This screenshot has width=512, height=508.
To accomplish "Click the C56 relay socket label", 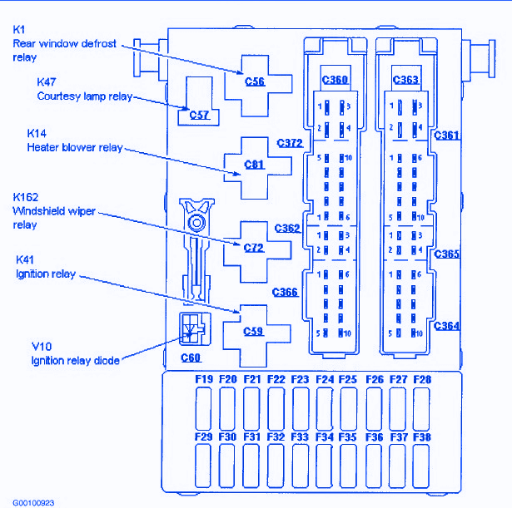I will coord(255,81).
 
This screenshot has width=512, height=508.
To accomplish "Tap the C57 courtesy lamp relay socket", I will coord(199,115).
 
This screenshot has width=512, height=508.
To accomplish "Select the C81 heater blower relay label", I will coord(254,165).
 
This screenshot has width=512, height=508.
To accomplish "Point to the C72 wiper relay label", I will coord(254,248).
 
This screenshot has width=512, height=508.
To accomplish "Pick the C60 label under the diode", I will coord(191,358).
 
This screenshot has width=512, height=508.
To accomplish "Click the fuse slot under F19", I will coord(204,408).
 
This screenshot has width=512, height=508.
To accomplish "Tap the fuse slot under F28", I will coord(422,408).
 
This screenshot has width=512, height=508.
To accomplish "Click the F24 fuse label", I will coord(325,380).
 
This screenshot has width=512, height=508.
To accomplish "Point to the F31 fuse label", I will coord(252,436).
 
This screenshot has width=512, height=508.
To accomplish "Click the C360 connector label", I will coord(335,80).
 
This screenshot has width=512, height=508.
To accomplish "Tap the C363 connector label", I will coord(405,80).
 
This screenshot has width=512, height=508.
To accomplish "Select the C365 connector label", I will coord(446,254).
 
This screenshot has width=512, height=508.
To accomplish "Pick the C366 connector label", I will coord(285,292).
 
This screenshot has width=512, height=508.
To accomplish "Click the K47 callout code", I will coord(47,82).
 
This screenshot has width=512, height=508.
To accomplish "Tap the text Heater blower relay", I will coord(75,147).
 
